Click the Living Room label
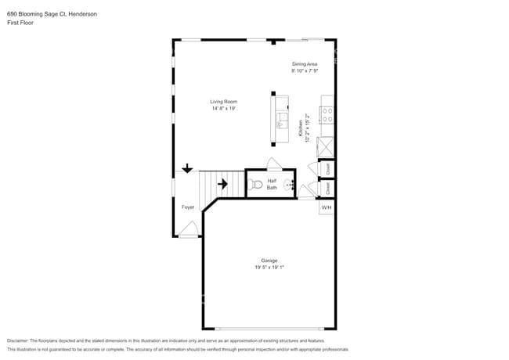click(x=223, y=102)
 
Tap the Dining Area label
click(x=305, y=64)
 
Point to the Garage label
click(x=269, y=261)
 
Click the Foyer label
click(x=188, y=207)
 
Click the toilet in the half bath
click(x=255, y=185)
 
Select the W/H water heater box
click(x=327, y=207)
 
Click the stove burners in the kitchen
click(x=327, y=116)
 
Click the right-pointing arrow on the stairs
click(x=222, y=185)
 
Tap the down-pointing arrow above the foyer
click(x=187, y=168)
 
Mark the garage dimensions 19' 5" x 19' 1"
click(x=269, y=268)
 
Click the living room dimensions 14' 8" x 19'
click(x=223, y=109)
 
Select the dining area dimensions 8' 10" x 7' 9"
click(x=305, y=71)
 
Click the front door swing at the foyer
click(x=188, y=229)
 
